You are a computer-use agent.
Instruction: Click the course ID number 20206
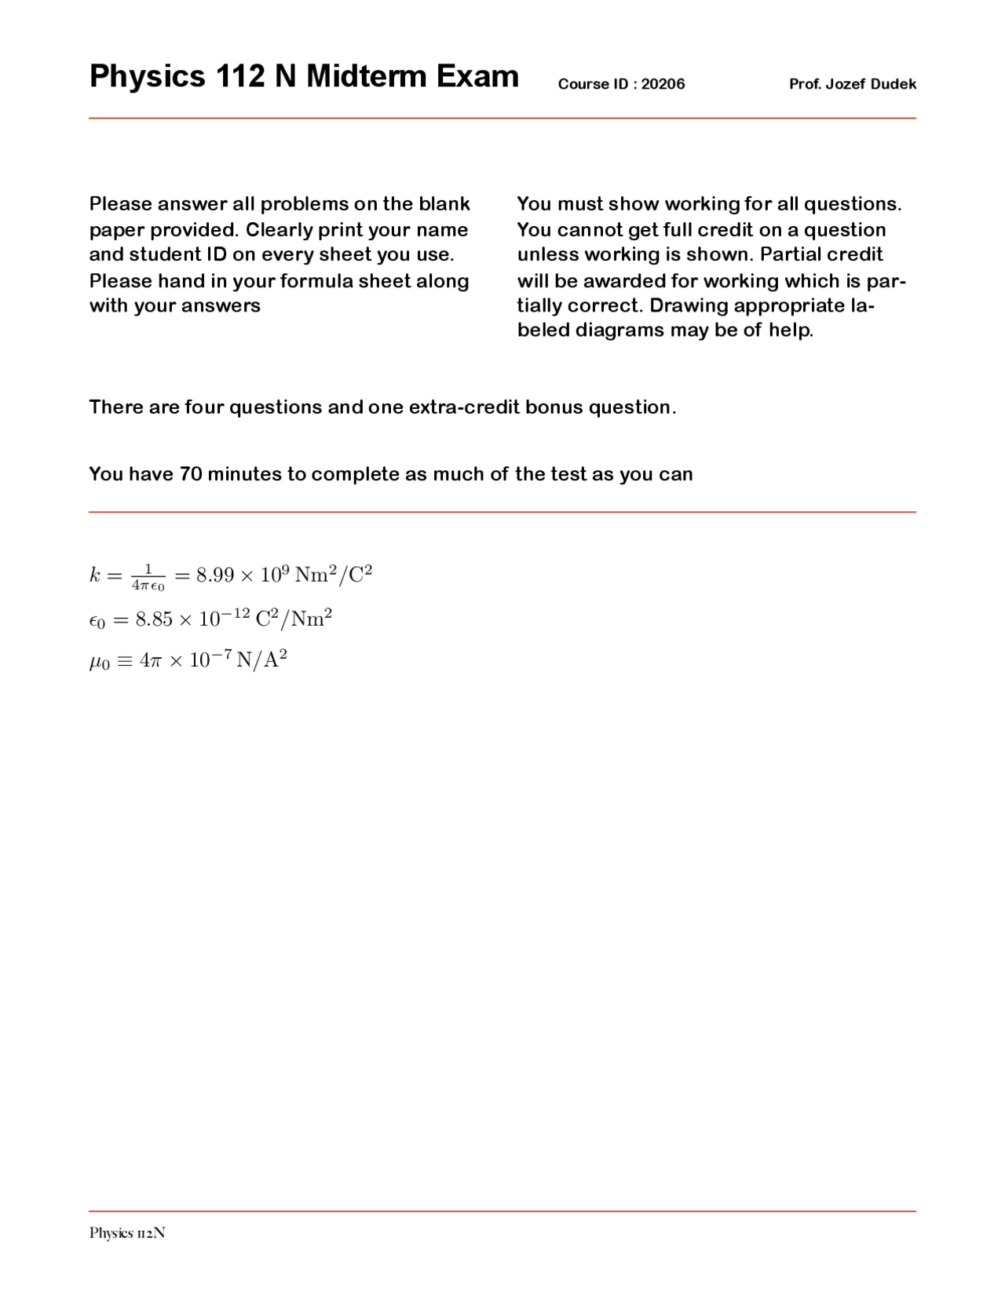(663, 84)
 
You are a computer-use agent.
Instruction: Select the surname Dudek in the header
(894, 84)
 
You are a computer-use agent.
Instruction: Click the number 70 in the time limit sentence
(191, 474)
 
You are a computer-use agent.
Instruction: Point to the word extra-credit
(463, 407)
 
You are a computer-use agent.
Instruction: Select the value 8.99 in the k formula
(215, 575)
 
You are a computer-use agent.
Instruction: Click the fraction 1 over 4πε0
(148, 577)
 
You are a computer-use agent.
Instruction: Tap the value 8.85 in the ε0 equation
(153, 619)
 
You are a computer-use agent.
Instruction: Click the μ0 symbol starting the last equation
(99, 662)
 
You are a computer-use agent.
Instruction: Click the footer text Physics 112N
(127, 1232)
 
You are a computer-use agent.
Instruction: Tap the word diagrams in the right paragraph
(619, 330)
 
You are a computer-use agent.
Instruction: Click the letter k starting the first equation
(95, 575)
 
